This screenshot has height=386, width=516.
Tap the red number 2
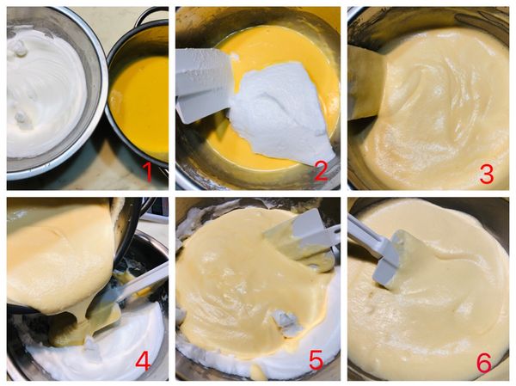click(321, 170)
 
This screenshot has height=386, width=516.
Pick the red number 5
click(316, 360)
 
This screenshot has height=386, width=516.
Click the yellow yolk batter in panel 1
click(140, 105)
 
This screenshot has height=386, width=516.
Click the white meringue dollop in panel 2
click(283, 112)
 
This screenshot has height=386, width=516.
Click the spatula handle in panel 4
click(142, 283)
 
